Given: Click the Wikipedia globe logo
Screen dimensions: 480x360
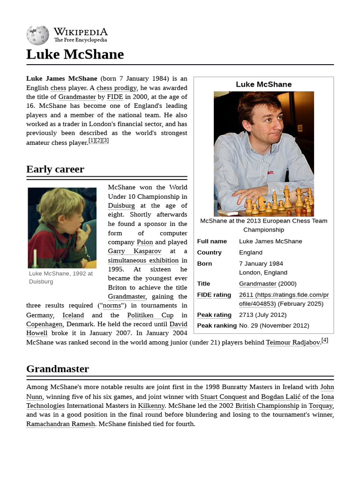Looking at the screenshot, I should [37, 35].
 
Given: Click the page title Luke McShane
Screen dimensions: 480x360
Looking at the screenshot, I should [75, 54].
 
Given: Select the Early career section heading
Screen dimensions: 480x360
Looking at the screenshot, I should [55, 169].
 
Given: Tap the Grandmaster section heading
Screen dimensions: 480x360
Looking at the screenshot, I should [58, 369].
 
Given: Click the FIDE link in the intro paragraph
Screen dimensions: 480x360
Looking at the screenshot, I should [115, 97].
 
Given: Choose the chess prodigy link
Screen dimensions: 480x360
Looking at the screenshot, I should [117, 88].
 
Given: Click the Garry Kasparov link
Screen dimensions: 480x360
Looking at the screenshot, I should [135, 251].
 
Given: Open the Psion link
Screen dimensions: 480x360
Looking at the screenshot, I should [144, 242].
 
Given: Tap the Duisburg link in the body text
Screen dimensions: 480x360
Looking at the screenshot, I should [121, 206].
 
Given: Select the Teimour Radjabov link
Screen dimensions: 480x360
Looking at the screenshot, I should [292, 343].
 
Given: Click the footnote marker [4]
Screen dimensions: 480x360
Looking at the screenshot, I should [324, 340].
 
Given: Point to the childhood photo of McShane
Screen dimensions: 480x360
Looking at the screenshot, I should [62, 228].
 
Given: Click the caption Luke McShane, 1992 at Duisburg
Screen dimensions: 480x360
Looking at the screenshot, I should [60, 277].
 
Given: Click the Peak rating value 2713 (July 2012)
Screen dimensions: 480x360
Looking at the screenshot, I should [262, 315].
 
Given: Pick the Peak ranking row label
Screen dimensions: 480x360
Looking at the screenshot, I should [217, 326].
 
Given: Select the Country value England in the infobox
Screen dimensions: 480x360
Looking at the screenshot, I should [251, 253].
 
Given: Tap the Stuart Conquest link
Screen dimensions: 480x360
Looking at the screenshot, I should [223, 397].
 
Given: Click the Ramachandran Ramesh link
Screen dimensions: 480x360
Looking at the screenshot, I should [60, 424].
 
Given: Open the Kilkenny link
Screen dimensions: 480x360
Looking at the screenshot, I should [151, 406].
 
